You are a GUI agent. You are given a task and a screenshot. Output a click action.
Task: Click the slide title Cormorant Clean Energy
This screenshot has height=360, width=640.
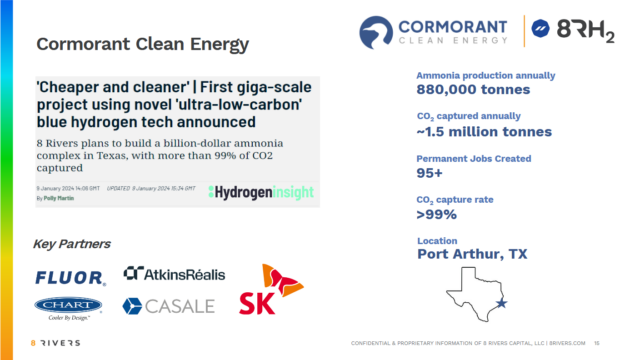tap(142, 45)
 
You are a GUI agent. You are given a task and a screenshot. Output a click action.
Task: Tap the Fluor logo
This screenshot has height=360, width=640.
tap(69, 277)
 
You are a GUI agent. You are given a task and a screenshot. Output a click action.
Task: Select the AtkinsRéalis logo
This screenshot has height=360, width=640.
tap(174, 274)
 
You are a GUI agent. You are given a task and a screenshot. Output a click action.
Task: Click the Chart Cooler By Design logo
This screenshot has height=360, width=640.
tap(68, 307)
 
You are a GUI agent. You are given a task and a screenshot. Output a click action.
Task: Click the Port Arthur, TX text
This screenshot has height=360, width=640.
tap(471, 254)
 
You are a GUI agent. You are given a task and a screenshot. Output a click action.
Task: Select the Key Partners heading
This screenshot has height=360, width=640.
tap(71, 244)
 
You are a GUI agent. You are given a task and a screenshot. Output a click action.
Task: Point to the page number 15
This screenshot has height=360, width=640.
tap(596, 343)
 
